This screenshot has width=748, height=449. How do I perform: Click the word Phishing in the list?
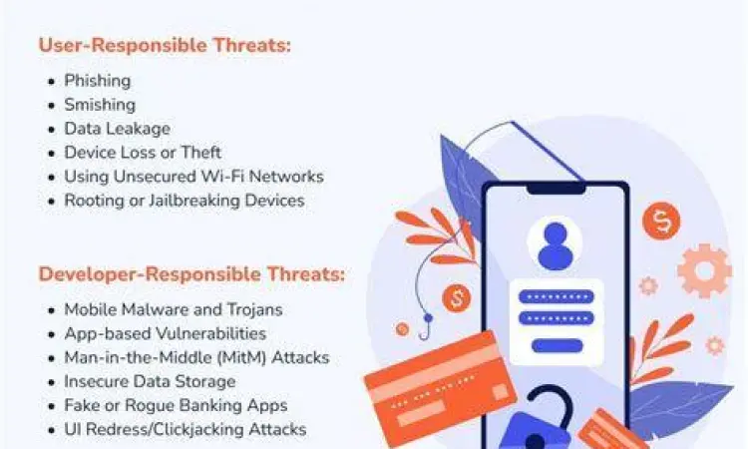coord(97,81)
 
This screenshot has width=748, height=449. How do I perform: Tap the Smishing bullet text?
coord(100,105)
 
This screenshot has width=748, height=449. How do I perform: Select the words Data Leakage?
coord(117,129)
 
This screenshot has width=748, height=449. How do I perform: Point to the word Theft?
coord(199,153)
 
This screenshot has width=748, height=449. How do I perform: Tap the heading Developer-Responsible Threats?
coord(191,273)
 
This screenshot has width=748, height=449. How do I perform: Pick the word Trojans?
coord(254,309)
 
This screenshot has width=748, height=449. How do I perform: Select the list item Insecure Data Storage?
coord(150,381)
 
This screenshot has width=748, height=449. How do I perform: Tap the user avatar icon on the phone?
coord(557,243)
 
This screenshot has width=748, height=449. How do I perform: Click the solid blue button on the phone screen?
coord(557,346)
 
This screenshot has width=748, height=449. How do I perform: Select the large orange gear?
coord(703,269)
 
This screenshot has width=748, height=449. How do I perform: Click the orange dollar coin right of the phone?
coord(661,221)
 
